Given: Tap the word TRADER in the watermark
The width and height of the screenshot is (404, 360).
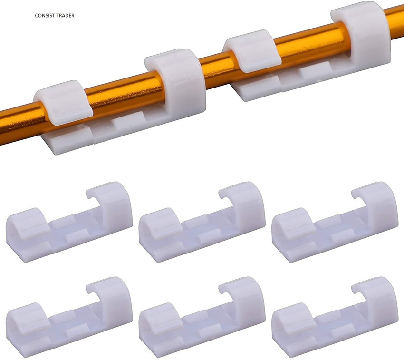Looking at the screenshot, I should click(65, 16).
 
